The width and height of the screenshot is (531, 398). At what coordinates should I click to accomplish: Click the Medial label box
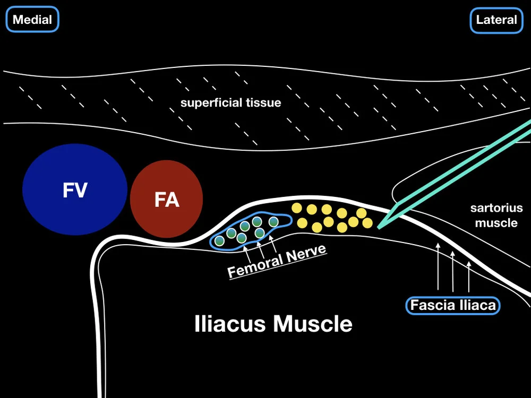[x=32, y=20]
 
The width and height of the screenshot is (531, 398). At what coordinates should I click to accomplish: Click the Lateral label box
[x=496, y=20]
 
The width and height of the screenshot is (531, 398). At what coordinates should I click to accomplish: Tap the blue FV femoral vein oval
[x=75, y=189]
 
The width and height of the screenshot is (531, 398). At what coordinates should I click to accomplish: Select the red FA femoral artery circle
[x=166, y=199]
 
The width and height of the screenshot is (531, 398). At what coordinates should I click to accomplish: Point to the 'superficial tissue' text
[x=230, y=102]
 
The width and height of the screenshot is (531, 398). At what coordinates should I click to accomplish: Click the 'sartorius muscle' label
[x=496, y=215]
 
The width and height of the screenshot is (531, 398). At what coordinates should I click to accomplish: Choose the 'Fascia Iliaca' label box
[x=453, y=305]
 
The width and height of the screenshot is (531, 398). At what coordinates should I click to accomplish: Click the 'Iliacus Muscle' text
[x=273, y=323]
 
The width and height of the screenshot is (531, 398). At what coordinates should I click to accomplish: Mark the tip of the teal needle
[x=379, y=227]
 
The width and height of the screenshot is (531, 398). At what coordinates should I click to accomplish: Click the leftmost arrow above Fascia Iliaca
[x=438, y=268]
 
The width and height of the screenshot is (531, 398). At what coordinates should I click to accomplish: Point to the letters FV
[x=75, y=189]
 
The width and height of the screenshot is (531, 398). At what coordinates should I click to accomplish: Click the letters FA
[x=166, y=200]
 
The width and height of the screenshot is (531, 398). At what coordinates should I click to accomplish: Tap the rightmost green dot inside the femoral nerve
[x=273, y=221]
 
